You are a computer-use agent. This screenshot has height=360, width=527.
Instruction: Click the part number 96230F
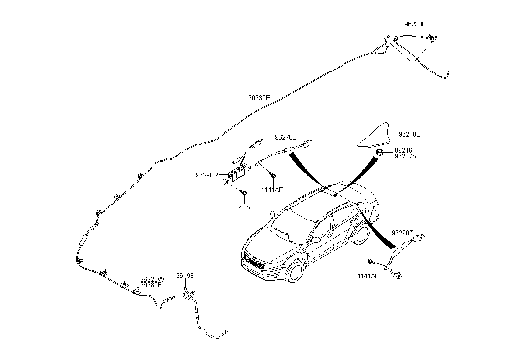415,24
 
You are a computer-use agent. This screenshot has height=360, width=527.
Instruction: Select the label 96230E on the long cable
259,98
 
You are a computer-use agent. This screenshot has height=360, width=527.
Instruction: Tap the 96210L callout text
409,134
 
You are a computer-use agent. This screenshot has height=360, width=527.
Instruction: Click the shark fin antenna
374,137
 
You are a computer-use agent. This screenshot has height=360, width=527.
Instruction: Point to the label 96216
404,150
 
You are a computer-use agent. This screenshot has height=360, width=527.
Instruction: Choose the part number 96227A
406,156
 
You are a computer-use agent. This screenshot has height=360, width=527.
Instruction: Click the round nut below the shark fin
379,152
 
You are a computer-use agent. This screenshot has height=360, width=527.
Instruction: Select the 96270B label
286,137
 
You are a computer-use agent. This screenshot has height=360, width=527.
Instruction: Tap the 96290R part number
207,175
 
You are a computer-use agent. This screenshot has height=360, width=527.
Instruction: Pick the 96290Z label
402,233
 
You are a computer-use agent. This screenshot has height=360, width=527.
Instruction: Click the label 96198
185,276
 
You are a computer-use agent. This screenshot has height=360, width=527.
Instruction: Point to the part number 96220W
152,280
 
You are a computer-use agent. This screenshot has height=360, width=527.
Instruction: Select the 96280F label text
151,285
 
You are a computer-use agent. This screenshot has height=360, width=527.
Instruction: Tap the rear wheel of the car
361,234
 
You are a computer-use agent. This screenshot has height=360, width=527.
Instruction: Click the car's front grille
255,262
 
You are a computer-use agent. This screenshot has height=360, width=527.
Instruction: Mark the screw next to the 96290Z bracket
371,262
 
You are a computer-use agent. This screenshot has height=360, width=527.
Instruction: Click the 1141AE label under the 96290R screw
244,207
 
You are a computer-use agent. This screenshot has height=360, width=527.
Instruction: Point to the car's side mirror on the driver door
315,240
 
